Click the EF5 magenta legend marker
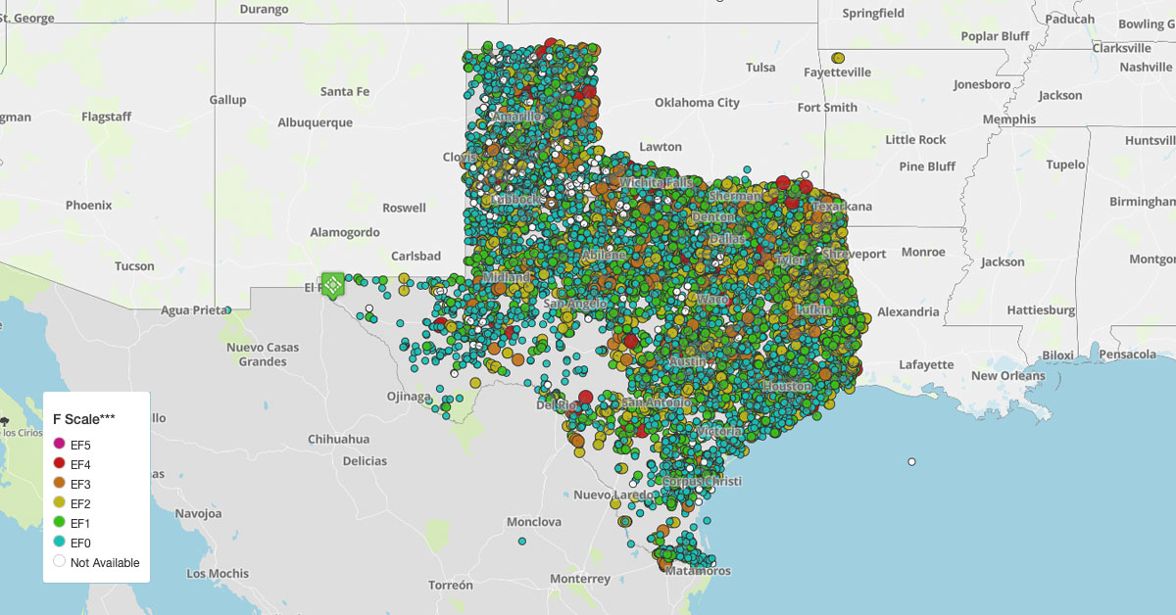(59, 446)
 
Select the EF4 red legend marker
(59, 464)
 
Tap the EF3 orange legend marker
(59, 484)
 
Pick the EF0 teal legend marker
(59, 542)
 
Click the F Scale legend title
(84, 419)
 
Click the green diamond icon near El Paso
(332, 285)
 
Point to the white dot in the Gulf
(911, 461)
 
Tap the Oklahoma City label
(697, 103)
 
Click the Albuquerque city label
(315, 123)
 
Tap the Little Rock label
(915, 140)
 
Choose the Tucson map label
(133, 266)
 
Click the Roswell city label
(404, 208)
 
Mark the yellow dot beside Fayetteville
(837, 58)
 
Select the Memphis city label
(1008, 119)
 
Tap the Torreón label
(451, 585)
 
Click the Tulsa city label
(759, 68)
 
